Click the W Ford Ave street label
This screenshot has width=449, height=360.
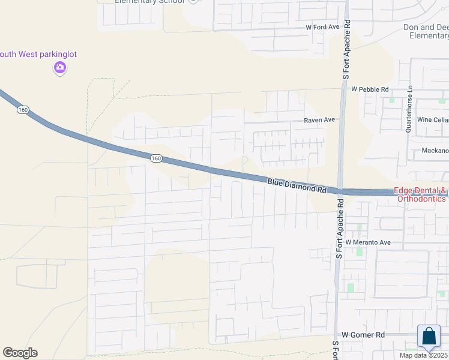pos(322,27)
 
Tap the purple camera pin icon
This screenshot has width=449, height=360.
pos(59,67)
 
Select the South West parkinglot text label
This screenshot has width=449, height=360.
pos(38,55)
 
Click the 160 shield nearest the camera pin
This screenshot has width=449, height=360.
pos(23,110)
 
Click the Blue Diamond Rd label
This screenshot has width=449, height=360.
pos(297,184)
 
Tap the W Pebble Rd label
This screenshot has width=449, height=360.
pos(370,89)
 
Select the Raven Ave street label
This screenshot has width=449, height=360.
pos(319,120)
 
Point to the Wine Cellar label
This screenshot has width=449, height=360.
pos(433,120)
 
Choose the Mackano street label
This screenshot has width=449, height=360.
pos(435,151)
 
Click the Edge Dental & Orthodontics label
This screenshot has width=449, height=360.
pos(421,195)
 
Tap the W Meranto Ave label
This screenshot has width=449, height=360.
pos(367,242)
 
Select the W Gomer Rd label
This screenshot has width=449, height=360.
pos(363,334)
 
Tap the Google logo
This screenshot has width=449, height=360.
pos(20,353)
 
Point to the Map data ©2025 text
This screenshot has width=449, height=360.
pos(424,355)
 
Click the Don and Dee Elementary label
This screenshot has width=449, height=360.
pos(426,32)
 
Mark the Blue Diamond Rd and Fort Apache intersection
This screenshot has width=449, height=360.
pos(340,191)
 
